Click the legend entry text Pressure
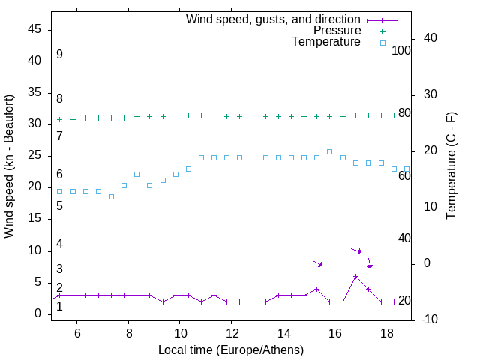337,31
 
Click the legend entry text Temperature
326,42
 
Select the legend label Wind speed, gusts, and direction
274,19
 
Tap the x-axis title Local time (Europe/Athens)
231,349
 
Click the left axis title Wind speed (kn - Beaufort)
10,166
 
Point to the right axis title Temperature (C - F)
451,166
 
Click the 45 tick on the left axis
34,29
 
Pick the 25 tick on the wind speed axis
34,156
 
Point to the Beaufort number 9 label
59,55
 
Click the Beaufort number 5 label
59,205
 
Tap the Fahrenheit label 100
401,51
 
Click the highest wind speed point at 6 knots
355,276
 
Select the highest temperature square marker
330,151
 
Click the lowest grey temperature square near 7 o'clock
111,196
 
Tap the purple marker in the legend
382,19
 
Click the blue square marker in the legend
382,43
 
